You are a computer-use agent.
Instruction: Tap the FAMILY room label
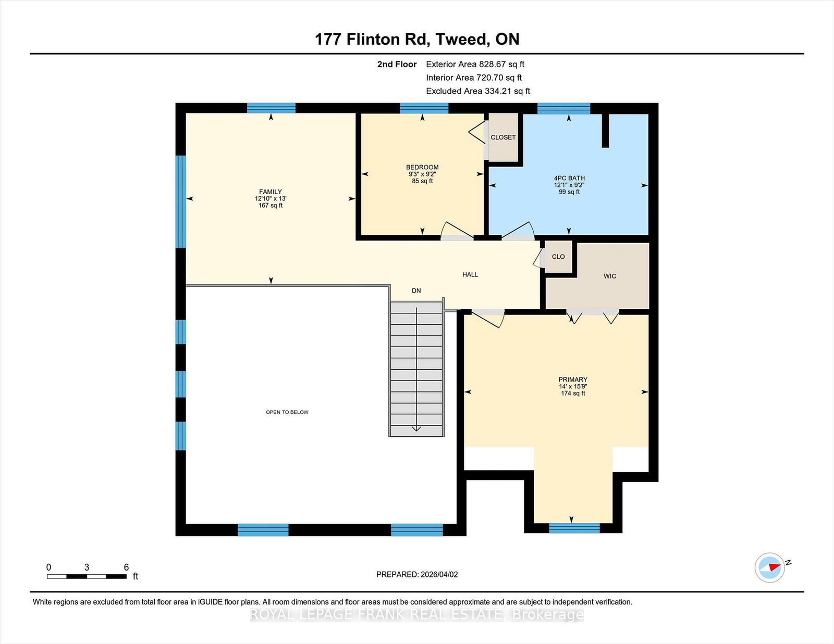271,192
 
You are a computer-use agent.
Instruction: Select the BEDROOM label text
422,167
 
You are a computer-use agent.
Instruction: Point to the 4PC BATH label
569,178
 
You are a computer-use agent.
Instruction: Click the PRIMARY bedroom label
573,380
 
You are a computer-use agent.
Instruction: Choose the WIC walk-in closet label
610,276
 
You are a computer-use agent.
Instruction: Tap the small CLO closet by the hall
558,257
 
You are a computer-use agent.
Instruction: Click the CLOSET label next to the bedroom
503,137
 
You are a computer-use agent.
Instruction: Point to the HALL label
470,274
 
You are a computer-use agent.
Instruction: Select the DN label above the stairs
416,291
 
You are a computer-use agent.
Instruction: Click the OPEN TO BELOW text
287,412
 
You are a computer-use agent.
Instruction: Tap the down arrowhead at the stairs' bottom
416,429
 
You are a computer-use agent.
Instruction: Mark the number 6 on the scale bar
126,567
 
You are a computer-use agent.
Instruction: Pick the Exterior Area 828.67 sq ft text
475,65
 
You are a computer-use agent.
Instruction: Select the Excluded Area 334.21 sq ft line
478,91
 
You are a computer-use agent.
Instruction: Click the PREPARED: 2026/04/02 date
417,575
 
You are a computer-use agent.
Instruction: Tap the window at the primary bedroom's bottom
574,528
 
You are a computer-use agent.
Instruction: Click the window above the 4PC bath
563,108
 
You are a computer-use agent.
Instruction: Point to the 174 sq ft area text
573,393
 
